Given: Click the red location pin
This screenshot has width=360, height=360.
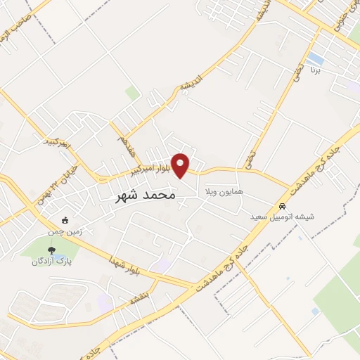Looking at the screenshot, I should tap(181, 166).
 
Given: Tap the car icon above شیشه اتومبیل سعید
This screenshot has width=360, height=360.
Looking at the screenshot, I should tap(282, 207).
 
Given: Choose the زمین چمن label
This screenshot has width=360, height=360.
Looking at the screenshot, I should tap(65, 230).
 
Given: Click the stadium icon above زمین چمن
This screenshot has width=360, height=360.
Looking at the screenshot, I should tap(65, 220).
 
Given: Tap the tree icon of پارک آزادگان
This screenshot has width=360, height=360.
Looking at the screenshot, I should tap(50, 250).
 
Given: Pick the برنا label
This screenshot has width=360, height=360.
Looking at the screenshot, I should tap(317, 71).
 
